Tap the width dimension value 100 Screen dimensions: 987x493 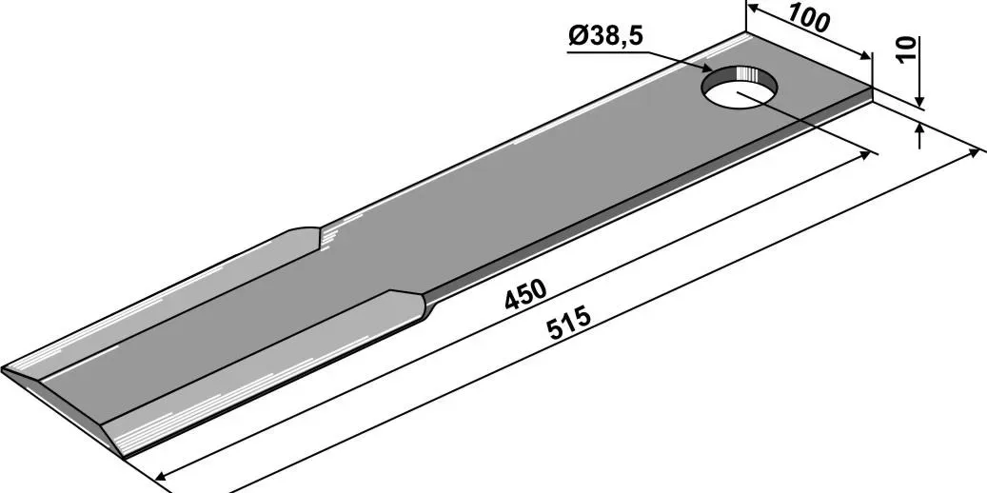[x=808, y=18]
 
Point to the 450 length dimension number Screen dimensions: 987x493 [x=525, y=294]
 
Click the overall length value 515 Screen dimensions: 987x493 [x=569, y=322]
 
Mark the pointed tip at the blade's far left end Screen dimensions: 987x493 [x=2, y=369]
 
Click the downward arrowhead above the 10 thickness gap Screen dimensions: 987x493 [x=919, y=101]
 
